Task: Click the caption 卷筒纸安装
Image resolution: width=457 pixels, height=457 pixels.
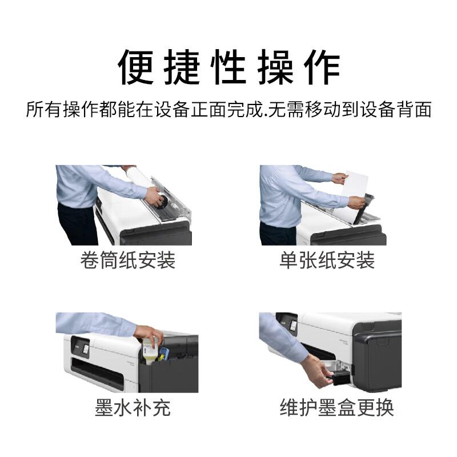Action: pyautogui.click(x=127, y=260)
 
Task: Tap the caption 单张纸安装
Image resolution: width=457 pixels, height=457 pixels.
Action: pyautogui.click(x=327, y=260)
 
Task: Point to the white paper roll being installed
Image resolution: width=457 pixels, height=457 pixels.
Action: pyautogui.click(x=137, y=180)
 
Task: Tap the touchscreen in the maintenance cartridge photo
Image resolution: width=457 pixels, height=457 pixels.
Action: pyautogui.click(x=292, y=324)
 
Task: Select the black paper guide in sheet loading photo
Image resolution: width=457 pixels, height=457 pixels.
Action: pyautogui.click(x=364, y=208)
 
